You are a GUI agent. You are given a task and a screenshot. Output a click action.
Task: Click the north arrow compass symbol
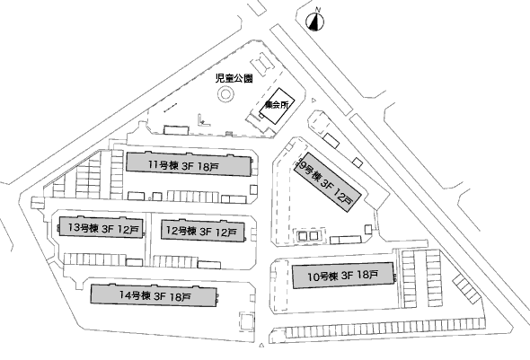point(315,22)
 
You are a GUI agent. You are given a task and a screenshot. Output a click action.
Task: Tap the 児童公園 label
point(234,79)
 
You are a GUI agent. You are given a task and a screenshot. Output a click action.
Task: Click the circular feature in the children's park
point(225,94)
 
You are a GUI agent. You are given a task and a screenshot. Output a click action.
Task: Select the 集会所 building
point(278,105)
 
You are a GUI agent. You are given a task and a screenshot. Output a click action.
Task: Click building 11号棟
point(189,164)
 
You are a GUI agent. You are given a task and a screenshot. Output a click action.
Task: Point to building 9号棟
point(327,182)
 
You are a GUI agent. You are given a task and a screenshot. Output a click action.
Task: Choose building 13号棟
point(101,227)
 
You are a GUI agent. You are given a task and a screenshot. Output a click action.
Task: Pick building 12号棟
point(202,232)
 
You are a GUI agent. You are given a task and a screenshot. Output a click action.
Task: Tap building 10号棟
point(343,276)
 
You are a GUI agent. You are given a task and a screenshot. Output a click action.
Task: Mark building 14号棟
point(154,295)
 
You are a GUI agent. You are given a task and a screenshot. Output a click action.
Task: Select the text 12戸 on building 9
point(343,197)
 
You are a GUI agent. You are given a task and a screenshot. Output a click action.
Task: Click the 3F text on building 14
point(160,296)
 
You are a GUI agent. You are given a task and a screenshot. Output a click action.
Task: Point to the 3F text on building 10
point(348,276)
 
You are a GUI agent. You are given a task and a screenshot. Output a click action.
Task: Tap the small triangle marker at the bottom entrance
point(261,345)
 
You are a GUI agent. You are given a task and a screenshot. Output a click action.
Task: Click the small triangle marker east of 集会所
point(314,100)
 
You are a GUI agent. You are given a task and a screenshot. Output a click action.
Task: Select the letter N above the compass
point(317,10)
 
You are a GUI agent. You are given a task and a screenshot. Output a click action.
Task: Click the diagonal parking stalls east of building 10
point(466,288)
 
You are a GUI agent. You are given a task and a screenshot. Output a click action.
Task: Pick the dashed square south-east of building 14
point(246,321)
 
